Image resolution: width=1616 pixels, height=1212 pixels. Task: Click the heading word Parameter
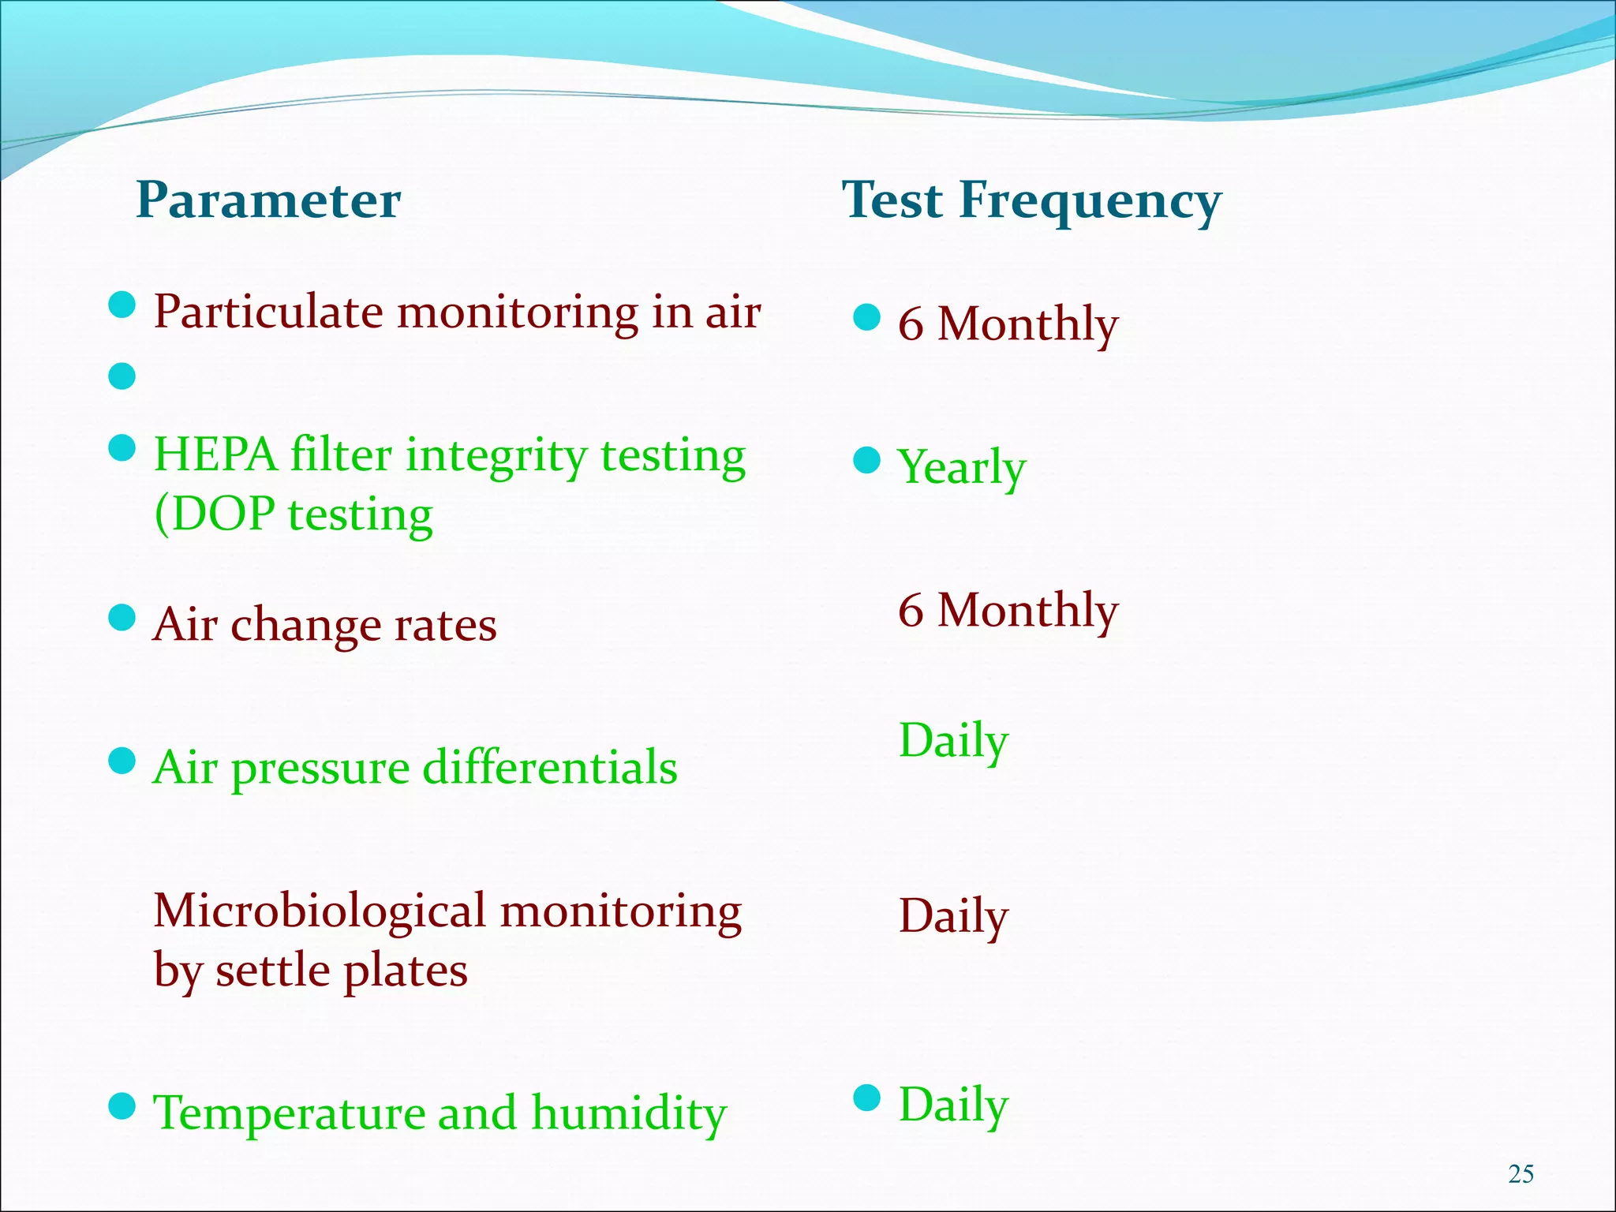[x=268, y=200]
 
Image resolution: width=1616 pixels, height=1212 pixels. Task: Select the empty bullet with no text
[x=122, y=376]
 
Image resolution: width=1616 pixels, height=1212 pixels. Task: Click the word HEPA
[x=215, y=456]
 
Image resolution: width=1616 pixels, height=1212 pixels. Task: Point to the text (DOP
[x=214, y=515]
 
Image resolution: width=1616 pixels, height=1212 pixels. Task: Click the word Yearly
[x=962, y=468]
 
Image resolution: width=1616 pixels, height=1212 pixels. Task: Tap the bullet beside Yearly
[x=867, y=460]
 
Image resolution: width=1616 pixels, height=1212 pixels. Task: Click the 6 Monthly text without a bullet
[x=1008, y=611]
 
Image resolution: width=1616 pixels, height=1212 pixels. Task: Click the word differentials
[x=549, y=768]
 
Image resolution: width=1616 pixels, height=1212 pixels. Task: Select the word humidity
[x=629, y=1113]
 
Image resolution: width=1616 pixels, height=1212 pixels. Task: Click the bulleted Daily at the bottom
[x=953, y=1105]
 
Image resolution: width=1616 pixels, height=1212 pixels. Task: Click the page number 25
[x=1521, y=1174]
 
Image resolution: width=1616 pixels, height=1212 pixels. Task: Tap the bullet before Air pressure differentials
[x=122, y=762]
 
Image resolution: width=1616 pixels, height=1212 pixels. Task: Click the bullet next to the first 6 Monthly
[x=867, y=317]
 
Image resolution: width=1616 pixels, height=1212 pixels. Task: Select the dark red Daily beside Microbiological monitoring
[x=953, y=917]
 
